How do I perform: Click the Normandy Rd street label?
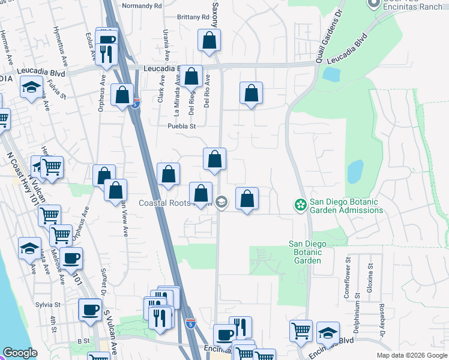pyautogui.click(x=142, y=5)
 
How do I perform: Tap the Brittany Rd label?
pyautogui.click(x=193, y=17)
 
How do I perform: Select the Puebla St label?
pyautogui.click(x=182, y=126)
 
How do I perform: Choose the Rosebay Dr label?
pyautogui.click(x=381, y=315)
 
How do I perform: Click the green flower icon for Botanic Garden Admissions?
pyautogui.click(x=300, y=205)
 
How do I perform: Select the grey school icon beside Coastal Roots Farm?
pyautogui.click(x=221, y=203)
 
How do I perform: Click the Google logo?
pyautogui.click(x=20, y=353)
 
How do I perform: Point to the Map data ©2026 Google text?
pyautogui.click(x=411, y=355)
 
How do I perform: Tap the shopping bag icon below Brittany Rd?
pyautogui.click(x=209, y=41)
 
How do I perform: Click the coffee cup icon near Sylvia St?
pyautogui.click(x=90, y=310)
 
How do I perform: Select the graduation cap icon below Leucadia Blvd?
pyautogui.click(x=31, y=88)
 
